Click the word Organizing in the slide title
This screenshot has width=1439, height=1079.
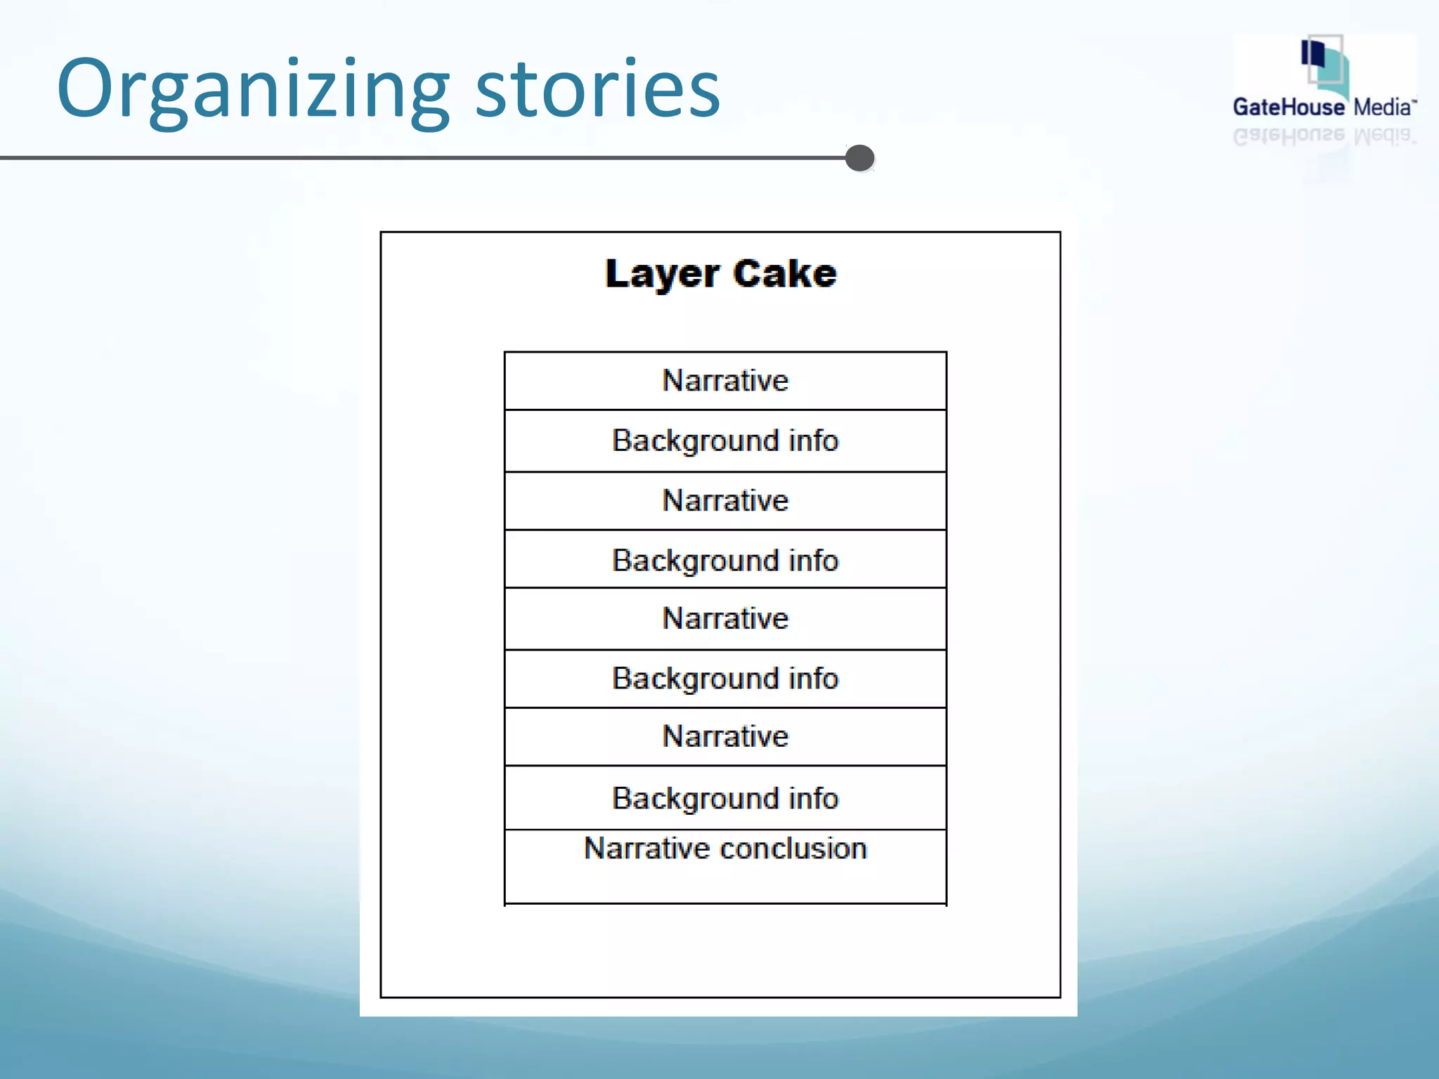pyautogui.click(x=253, y=90)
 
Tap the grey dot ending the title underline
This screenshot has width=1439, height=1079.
pyautogui.click(x=860, y=158)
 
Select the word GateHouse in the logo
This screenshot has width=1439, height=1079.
pyautogui.click(x=1289, y=107)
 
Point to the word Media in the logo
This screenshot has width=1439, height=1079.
pyautogui.click(x=1382, y=107)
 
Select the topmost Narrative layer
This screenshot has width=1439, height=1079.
pyautogui.click(x=725, y=381)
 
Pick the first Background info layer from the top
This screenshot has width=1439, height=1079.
pyautogui.click(x=725, y=441)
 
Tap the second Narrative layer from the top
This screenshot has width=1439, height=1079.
pyautogui.click(x=725, y=501)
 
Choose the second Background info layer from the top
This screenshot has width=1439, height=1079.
pyautogui.click(x=725, y=561)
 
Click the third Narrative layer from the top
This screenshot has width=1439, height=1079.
pyautogui.click(x=725, y=619)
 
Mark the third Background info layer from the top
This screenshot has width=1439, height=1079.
pyautogui.click(x=725, y=679)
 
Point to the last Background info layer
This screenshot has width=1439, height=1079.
pyautogui.click(x=725, y=799)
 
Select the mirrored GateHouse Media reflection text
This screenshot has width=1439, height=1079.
pyautogui.click(x=1324, y=136)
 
